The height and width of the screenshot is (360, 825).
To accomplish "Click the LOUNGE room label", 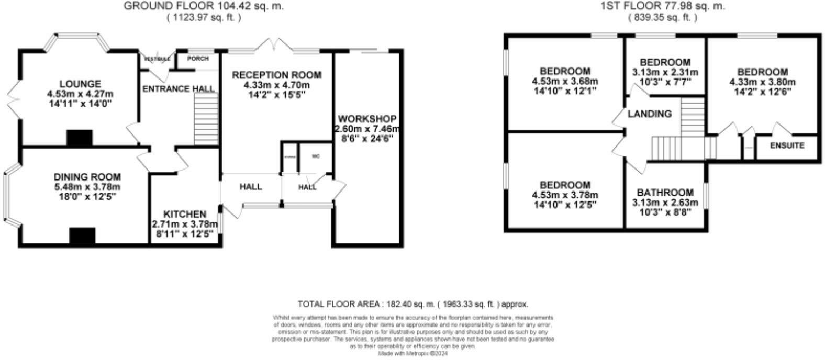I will click(x=80, y=84).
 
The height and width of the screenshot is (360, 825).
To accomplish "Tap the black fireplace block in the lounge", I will click(x=79, y=138).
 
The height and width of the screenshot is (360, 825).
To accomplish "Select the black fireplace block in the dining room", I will click(x=82, y=236).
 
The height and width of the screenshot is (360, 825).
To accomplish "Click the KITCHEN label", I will click(x=185, y=214).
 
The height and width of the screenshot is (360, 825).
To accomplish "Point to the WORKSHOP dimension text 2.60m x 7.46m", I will click(x=367, y=129).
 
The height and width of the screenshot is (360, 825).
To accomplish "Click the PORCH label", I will click(x=198, y=59).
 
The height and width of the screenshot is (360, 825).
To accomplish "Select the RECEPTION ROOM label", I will click(x=277, y=75).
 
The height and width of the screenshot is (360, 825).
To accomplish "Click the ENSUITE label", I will click(x=787, y=145).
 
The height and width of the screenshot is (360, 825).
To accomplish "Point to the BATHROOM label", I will click(x=665, y=193).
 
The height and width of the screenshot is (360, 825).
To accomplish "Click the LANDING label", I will click(x=650, y=114).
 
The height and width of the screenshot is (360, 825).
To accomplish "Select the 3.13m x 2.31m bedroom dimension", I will click(x=665, y=72).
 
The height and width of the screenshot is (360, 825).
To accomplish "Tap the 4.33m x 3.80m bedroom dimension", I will click(x=762, y=82).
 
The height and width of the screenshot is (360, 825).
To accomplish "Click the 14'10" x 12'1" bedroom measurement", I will click(x=565, y=91).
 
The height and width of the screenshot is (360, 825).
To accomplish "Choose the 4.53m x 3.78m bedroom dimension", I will click(x=565, y=195).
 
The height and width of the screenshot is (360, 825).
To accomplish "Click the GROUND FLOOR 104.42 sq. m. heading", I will click(x=204, y=6).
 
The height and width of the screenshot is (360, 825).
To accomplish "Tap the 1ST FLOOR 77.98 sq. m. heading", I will click(x=662, y=6).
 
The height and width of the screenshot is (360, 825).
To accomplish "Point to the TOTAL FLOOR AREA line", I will click(x=412, y=304).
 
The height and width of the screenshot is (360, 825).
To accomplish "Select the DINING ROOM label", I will click(x=87, y=177).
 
